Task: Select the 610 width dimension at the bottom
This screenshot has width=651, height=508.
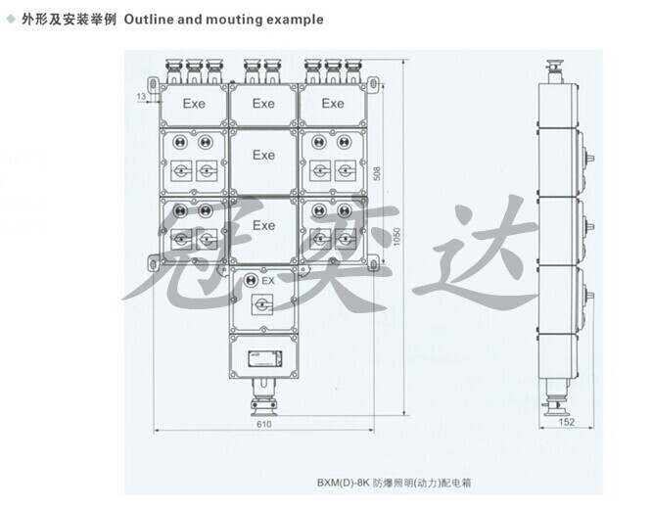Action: [x=263, y=426]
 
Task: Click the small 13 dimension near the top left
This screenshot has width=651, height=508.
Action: [x=140, y=95]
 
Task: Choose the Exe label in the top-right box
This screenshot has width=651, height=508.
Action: [x=333, y=103]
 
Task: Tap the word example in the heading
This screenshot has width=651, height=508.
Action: [x=297, y=19]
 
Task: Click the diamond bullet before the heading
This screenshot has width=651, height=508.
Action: [x=11, y=19]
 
